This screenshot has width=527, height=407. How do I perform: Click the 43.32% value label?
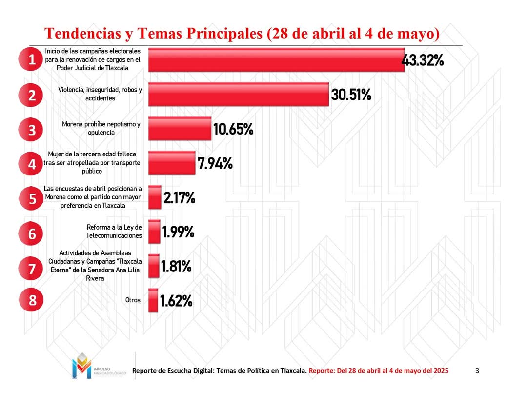(x=422, y=60)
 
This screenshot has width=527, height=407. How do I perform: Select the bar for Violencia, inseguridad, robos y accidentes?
(x=238, y=94)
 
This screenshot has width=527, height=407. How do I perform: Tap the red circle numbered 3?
(x=32, y=130)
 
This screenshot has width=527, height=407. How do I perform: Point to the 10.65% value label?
(x=233, y=129)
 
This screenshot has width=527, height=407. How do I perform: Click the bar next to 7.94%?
(x=171, y=163)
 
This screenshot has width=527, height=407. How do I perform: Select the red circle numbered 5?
(x=32, y=198)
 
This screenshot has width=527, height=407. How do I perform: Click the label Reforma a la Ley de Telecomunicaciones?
(x=114, y=232)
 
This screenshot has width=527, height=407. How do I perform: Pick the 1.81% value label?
(x=176, y=267)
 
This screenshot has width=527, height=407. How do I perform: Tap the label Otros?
(x=133, y=300)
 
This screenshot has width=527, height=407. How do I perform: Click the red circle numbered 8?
(x=32, y=300)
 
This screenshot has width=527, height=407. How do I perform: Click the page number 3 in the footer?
(x=477, y=371)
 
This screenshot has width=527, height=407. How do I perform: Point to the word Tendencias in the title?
(x=81, y=34)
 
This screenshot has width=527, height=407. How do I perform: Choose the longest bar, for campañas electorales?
(x=276, y=60)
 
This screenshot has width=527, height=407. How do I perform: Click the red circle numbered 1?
(x=32, y=59)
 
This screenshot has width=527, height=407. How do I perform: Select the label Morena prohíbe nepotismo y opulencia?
(x=101, y=128)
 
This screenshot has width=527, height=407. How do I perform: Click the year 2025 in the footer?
(x=440, y=371)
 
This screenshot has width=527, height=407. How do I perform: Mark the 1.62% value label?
(x=176, y=301)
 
